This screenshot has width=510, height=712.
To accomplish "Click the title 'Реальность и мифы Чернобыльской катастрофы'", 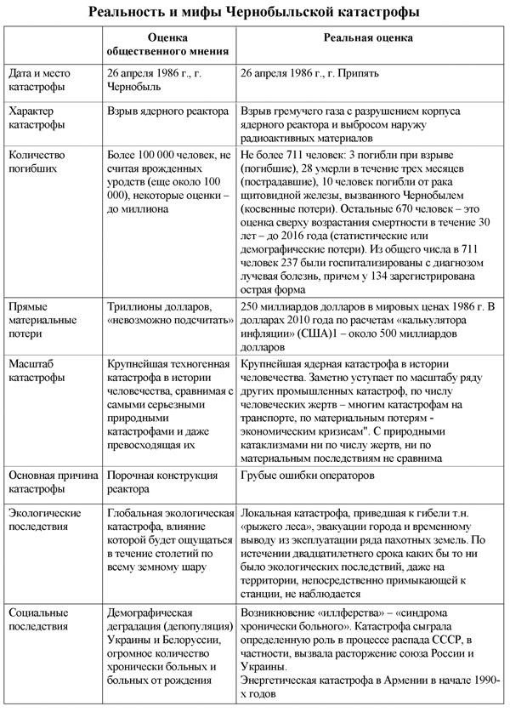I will [x=255, y=13].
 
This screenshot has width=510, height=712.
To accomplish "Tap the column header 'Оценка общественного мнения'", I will [x=167, y=45].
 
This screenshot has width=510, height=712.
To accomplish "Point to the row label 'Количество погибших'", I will [x=39, y=161].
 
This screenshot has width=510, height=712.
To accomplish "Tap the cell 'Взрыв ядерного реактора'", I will [x=167, y=111].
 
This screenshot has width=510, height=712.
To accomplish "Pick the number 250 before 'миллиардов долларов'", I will [x=252, y=305].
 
